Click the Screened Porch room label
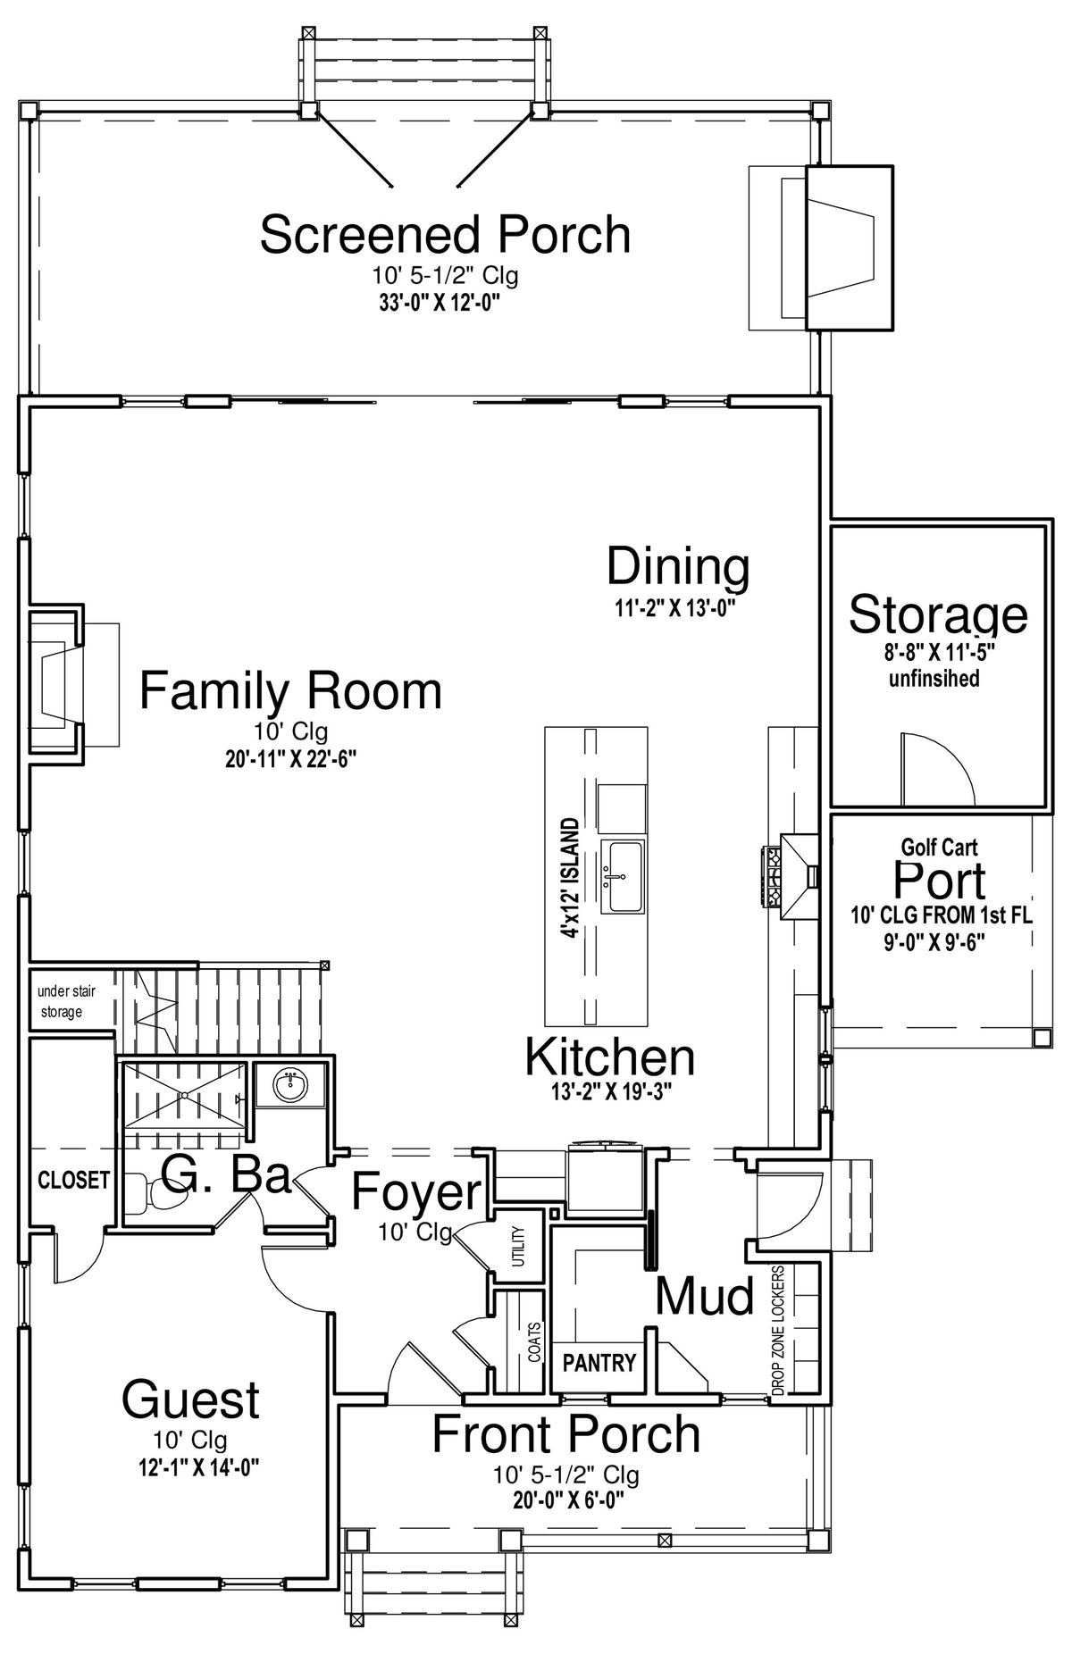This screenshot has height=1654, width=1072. (445, 234)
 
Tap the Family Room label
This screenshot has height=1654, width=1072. (290, 691)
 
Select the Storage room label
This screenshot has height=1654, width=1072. (938, 614)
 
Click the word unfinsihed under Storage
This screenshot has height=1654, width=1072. (934, 679)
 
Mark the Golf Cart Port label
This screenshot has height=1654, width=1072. (940, 871)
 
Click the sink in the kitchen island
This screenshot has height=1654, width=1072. (623, 876)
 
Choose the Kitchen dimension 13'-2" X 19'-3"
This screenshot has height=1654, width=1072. (610, 1090)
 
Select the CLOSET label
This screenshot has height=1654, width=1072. (74, 1180)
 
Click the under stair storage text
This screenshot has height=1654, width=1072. (65, 1001)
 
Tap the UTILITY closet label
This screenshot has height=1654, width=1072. (519, 1245)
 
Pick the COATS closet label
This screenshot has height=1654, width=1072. (534, 1341)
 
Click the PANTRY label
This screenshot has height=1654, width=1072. (599, 1363)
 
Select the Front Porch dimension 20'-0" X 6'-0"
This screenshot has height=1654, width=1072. (568, 1500)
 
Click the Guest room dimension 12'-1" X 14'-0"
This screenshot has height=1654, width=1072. (192, 1466)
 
